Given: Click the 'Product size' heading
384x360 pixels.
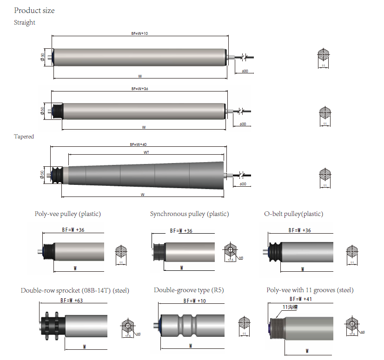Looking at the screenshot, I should [x=34, y=10].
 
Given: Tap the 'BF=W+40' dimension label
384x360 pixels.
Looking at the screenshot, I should [x=138, y=144].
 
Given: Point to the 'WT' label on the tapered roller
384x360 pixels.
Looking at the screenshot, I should [x=146, y=152].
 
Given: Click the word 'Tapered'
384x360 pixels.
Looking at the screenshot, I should [x=24, y=137].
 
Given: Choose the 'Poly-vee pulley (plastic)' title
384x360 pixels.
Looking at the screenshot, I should [x=67, y=214].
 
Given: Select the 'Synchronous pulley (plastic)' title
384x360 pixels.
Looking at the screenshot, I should [x=189, y=214].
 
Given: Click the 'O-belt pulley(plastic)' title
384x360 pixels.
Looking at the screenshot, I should [x=293, y=214].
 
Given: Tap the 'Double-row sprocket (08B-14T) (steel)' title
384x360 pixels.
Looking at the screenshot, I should [x=75, y=290].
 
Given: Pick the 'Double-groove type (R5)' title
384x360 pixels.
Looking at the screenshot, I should [x=189, y=290].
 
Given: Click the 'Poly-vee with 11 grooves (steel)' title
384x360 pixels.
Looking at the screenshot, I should [x=310, y=290].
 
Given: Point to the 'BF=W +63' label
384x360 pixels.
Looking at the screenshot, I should [x=73, y=301].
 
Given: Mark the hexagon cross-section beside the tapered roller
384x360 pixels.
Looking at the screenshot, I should [x=325, y=175].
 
